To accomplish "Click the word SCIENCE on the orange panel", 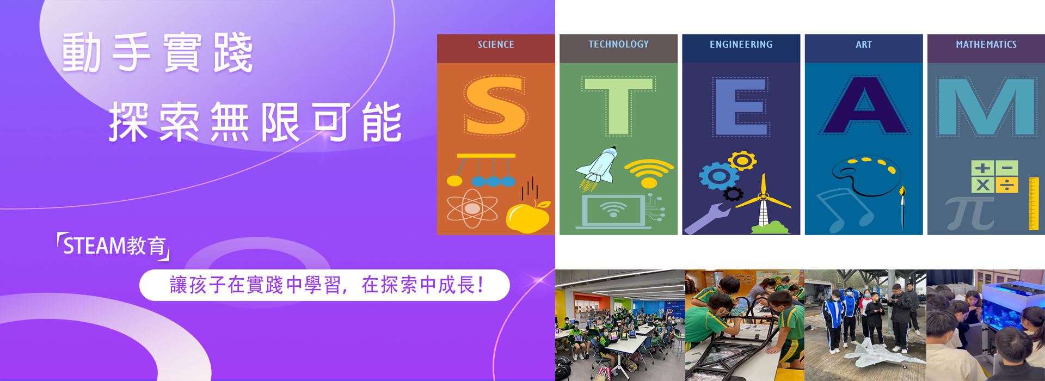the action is [496, 45].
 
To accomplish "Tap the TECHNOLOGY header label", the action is [618, 45].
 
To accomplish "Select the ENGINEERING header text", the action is [741, 45].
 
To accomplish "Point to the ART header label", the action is [864, 45].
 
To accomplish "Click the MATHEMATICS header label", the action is [986, 45].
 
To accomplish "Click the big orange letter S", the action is [496, 105].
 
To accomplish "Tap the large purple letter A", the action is [864, 106].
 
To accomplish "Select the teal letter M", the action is [986, 107].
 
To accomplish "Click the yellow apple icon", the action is [527, 217].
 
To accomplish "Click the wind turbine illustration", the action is [764, 206].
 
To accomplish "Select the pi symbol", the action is [970, 214].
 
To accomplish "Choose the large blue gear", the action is [719, 176].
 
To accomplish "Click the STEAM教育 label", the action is [114, 246].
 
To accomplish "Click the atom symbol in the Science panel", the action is [472, 208].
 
